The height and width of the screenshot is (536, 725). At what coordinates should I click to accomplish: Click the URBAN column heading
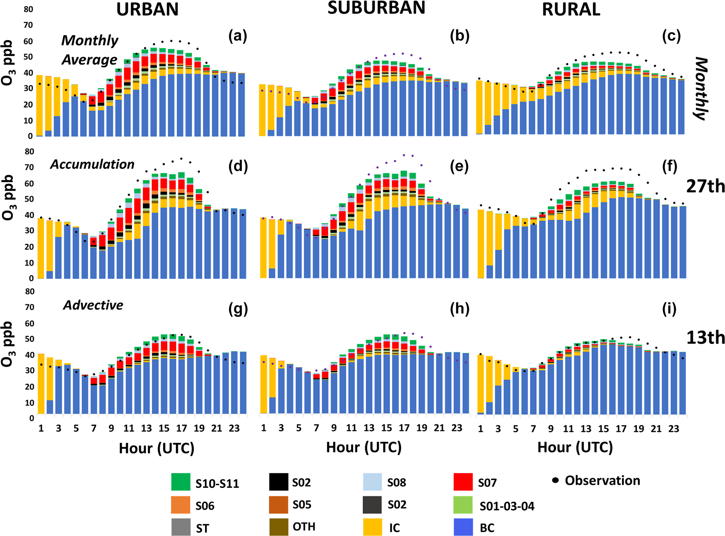tap(147, 9)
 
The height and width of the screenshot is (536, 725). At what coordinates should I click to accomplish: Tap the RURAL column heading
tap(571, 9)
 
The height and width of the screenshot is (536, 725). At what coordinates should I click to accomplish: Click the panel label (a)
tap(237, 36)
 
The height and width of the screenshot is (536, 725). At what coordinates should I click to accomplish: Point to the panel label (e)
tap(459, 166)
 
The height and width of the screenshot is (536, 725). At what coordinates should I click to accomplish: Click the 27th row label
tap(705, 186)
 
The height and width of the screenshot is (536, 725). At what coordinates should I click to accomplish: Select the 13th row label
tap(705, 338)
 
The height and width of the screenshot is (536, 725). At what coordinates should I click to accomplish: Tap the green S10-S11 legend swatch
tap(181, 482)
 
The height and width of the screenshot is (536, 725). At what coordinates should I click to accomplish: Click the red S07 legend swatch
tap(463, 482)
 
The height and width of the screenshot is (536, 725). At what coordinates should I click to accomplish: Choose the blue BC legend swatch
tap(463, 527)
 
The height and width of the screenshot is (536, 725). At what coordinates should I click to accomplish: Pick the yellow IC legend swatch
tap(372, 527)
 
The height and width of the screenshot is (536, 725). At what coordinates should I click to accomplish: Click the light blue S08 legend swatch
tap(372, 482)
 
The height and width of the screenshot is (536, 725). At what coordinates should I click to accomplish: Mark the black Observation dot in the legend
tap(555, 480)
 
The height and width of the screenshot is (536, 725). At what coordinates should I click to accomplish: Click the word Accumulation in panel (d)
tap(92, 164)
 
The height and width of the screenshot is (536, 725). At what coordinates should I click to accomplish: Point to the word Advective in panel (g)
tap(93, 305)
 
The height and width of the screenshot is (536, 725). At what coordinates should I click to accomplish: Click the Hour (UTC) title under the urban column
tap(156, 448)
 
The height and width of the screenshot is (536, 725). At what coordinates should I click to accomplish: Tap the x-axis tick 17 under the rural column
tap(621, 429)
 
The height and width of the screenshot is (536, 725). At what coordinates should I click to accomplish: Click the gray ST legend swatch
tap(181, 527)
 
